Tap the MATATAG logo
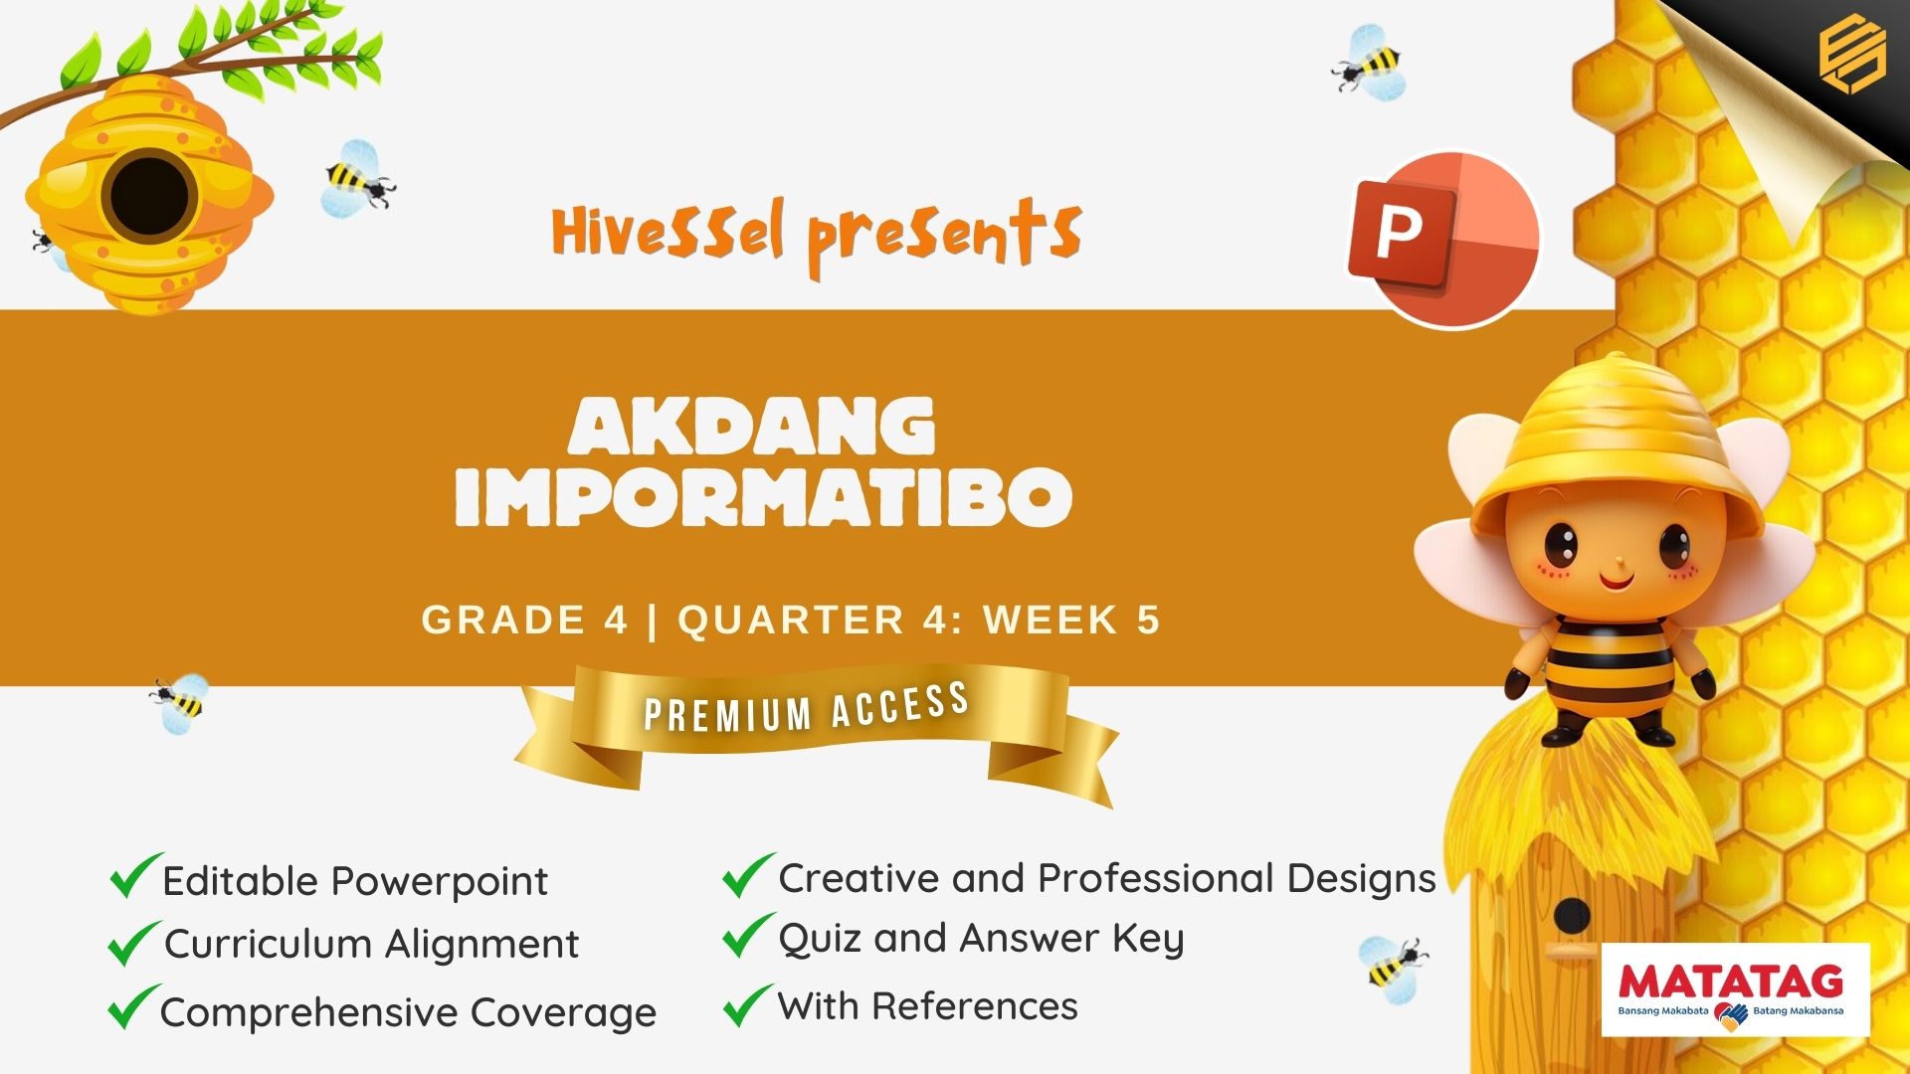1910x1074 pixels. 1736,989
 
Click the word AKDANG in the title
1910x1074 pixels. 752,427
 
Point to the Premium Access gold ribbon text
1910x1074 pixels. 807,708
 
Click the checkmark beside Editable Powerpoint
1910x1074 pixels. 134,875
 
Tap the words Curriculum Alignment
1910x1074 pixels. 371,944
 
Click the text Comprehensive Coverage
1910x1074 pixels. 408,1012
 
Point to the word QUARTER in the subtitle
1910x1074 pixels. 791,620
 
